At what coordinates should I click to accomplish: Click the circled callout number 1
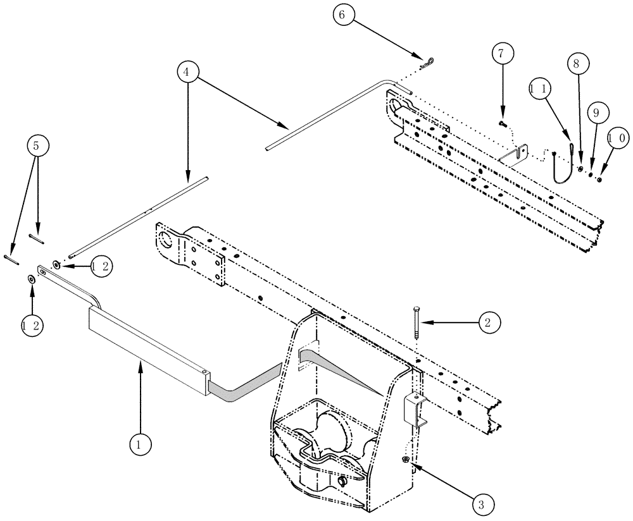141,444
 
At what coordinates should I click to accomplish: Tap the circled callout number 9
594,113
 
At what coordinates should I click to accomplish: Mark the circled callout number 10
618,137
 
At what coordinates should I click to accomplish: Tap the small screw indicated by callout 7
501,123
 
